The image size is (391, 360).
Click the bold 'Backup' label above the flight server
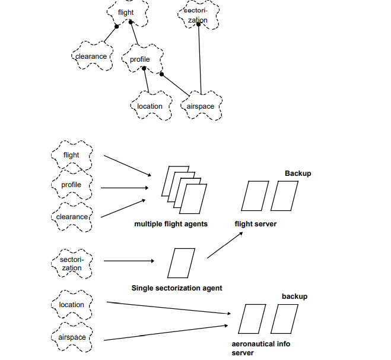click(298, 173)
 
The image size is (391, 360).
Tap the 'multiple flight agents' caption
click(171, 224)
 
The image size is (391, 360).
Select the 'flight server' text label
click(256, 224)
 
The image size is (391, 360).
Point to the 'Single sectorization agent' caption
click(177, 288)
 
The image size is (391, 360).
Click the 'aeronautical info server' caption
click(260, 348)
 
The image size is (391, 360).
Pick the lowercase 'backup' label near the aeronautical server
click(295, 296)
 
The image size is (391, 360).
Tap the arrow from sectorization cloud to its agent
click(129, 261)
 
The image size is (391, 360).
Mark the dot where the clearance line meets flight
click(117, 26)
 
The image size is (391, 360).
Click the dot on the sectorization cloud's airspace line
click(199, 24)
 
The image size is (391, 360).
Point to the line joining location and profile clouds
click(147, 80)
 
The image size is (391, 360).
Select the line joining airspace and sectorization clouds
click(200, 59)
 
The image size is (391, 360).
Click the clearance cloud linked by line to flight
click(91, 56)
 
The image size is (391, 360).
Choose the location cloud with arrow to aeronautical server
click(72, 305)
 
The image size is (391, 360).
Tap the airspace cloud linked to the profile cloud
click(201, 106)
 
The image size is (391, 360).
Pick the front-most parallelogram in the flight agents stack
click(193, 199)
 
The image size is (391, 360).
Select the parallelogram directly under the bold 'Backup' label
click(283, 197)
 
